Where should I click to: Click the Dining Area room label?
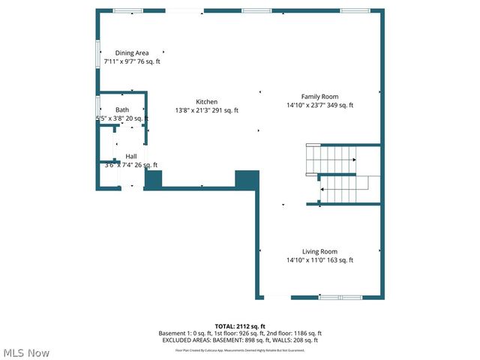[131, 52]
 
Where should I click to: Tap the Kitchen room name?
[207, 102]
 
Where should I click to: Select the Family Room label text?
[319, 96]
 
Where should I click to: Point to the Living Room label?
[319, 251]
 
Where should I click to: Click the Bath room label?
[121, 109]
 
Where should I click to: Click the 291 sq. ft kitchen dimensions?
[207, 111]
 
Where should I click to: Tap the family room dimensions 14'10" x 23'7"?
[319, 105]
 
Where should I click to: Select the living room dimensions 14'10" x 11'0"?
[319, 260]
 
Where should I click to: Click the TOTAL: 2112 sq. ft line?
[240, 326]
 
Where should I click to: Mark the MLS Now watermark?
[27, 352]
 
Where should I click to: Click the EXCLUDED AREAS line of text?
[240, 340]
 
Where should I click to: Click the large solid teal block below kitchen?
[247, 180]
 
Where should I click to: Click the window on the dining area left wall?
[97, 53]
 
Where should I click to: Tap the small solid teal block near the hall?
[153, 179]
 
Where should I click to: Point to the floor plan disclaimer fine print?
[240, 349]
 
